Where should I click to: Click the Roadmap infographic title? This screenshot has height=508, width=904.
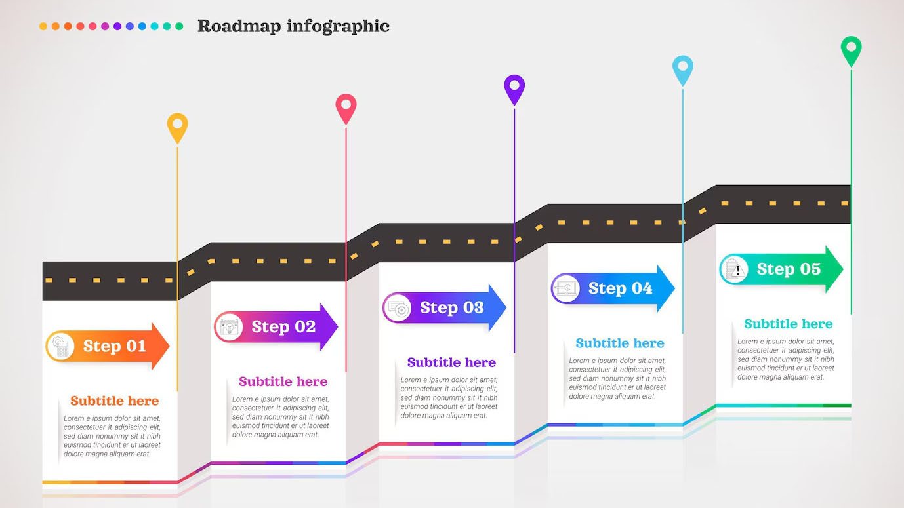pos(293,27)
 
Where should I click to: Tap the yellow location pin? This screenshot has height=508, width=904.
pos(178,127)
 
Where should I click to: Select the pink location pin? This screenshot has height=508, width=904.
pos(346,108)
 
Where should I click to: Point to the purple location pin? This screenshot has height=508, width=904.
pos(514,89)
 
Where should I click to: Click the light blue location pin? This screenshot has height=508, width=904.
pos(683,69)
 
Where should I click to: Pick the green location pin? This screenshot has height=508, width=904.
pos(851,50)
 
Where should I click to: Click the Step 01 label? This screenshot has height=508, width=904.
pos(115,346)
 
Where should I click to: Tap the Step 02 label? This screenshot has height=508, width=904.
pos(283,326)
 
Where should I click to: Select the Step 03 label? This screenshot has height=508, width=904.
pos(452,307)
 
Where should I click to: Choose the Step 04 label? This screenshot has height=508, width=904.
pos(621,288)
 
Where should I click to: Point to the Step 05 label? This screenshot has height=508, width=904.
pos(789,269)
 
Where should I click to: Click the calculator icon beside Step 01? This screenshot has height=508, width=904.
pos(60,346)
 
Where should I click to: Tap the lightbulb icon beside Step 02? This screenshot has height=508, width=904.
pos(229,327)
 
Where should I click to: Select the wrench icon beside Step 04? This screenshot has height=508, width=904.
pos(565,288)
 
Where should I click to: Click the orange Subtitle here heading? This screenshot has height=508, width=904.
pos(115,401)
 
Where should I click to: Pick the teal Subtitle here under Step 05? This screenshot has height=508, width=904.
pos(788,324)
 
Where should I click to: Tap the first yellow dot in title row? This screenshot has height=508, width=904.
pos(43,26)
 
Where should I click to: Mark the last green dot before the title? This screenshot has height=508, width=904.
pos(179,26)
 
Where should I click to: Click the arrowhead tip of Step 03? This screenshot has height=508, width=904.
pos(506,308)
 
